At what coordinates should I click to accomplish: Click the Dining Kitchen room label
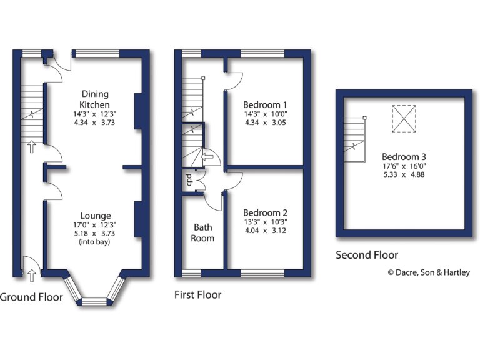point(94,99)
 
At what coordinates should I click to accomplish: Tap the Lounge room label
point(95,216)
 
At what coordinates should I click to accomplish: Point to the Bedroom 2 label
point(265,212)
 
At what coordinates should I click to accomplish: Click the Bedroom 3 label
point(404,156)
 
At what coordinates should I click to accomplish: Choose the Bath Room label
point(203,232)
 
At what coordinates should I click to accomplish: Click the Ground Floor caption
point(31,297)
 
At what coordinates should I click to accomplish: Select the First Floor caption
point(197,294)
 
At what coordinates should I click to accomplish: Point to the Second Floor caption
point(367,255)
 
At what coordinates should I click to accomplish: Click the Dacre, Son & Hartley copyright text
point(429,272)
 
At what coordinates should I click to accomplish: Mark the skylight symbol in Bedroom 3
point(403,119)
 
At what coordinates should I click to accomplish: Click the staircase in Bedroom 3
point(354,139)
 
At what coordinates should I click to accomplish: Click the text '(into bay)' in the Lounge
point(95,241)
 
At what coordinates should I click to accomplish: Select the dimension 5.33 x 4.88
point(404,174)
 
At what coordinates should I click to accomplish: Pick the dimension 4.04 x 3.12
point(265,230)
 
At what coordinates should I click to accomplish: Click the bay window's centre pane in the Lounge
point(95,302)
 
